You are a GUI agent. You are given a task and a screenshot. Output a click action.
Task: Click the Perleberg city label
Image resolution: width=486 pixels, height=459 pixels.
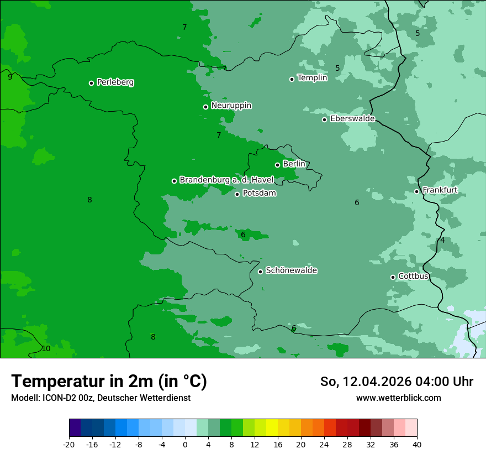(x=115, y=82)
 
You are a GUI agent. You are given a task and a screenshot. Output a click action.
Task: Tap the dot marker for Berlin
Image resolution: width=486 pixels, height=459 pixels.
(x=277, y=165)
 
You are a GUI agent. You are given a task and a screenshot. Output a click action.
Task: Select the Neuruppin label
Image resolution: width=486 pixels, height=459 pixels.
(x=231, y=106)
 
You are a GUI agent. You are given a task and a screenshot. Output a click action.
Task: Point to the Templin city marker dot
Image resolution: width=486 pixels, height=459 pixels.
(x=292, y=79)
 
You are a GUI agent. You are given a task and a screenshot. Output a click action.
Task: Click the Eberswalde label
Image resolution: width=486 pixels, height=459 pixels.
(x=352, y=119)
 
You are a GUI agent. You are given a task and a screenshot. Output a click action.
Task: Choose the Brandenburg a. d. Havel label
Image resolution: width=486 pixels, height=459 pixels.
(x=226, y=180)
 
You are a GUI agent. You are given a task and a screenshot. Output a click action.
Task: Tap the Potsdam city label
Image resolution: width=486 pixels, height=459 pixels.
(x=259, y=194)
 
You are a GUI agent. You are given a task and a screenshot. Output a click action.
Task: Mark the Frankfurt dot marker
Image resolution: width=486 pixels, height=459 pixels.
(x=416, y=191)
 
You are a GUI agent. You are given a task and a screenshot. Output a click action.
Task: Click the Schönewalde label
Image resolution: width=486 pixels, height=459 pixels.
(x=291, y=271)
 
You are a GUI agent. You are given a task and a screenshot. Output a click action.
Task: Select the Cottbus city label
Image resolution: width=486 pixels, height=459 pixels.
(x=413, y=277)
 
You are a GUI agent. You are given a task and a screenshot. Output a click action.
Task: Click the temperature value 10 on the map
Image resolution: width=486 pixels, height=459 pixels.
(x=46, y=348)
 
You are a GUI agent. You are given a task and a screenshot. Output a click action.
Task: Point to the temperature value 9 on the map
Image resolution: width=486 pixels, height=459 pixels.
(x=10, y=77)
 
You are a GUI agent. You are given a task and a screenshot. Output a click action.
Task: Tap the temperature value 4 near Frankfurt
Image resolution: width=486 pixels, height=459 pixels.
(x=442, y=241)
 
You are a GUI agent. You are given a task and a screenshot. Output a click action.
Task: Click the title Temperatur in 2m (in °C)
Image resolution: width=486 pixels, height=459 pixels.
(x=109, y=382)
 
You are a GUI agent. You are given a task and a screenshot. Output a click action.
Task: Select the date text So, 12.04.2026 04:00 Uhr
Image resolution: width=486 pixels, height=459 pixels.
(x=396, y=382)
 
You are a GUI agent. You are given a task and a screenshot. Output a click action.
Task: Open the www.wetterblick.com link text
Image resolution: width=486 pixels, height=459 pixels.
(x=398, y=398)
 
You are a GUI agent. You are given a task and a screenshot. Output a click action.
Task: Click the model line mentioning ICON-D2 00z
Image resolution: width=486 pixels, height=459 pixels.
(x=101, y=398)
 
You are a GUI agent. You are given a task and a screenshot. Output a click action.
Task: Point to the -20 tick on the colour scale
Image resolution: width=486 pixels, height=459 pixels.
(x=69, y=444)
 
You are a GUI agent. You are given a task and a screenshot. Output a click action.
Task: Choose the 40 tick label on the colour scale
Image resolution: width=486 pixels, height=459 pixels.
(x=416, y=444)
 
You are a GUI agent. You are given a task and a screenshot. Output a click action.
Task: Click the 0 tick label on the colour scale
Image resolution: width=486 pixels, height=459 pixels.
(x=185, y=444)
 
